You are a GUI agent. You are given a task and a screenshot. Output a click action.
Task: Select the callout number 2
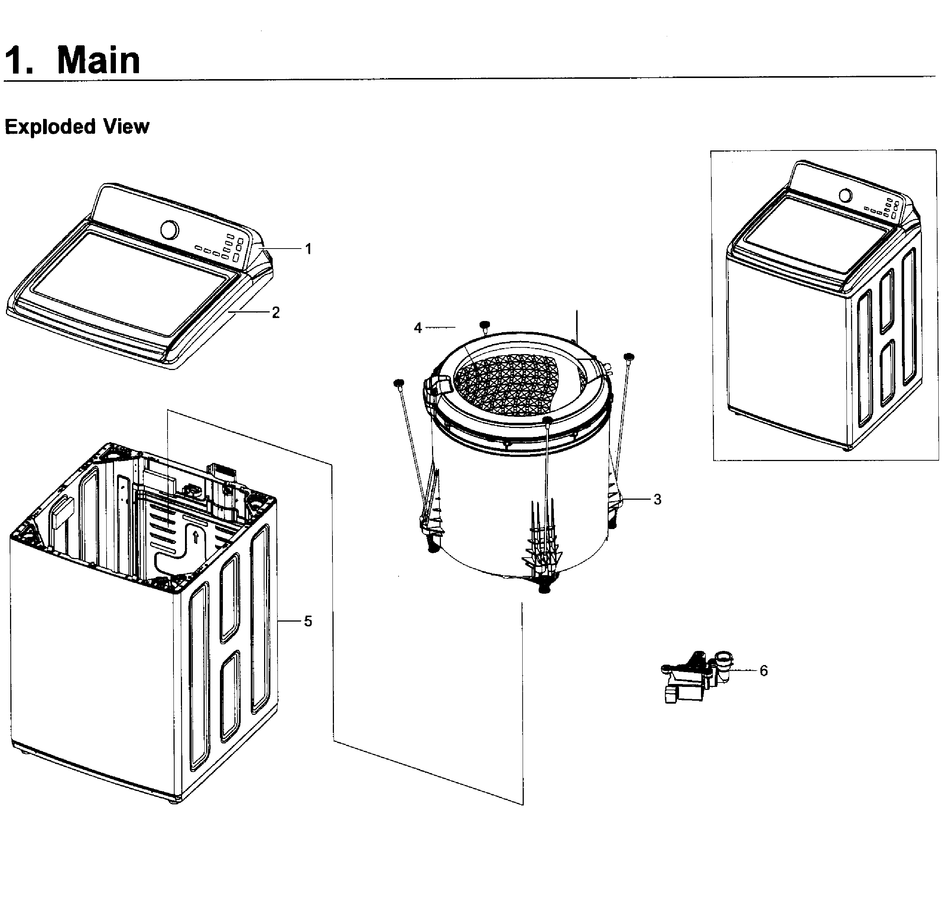pos(276,312)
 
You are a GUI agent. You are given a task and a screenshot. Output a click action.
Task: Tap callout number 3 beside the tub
pos(657,500)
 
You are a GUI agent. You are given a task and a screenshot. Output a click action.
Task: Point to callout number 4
pos(418,328)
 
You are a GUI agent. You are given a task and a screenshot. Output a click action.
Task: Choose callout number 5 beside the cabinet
pos(308,621)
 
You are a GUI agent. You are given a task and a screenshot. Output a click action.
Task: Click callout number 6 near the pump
pos(763,671)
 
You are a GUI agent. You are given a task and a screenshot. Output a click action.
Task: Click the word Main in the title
pos(98,61)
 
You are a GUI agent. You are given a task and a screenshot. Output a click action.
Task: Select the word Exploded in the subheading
pos(50,127)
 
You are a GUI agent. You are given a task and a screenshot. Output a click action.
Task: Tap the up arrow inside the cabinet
pos(196,536)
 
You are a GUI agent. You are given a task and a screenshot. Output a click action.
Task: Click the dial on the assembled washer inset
pos(845,196)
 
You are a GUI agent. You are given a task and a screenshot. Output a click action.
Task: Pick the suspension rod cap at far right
pos(629,356)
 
